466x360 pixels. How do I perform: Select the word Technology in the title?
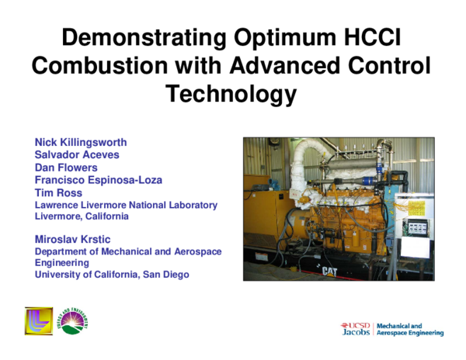(x=232, y=94)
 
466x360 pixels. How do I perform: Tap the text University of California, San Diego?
(x=112, y=275)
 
